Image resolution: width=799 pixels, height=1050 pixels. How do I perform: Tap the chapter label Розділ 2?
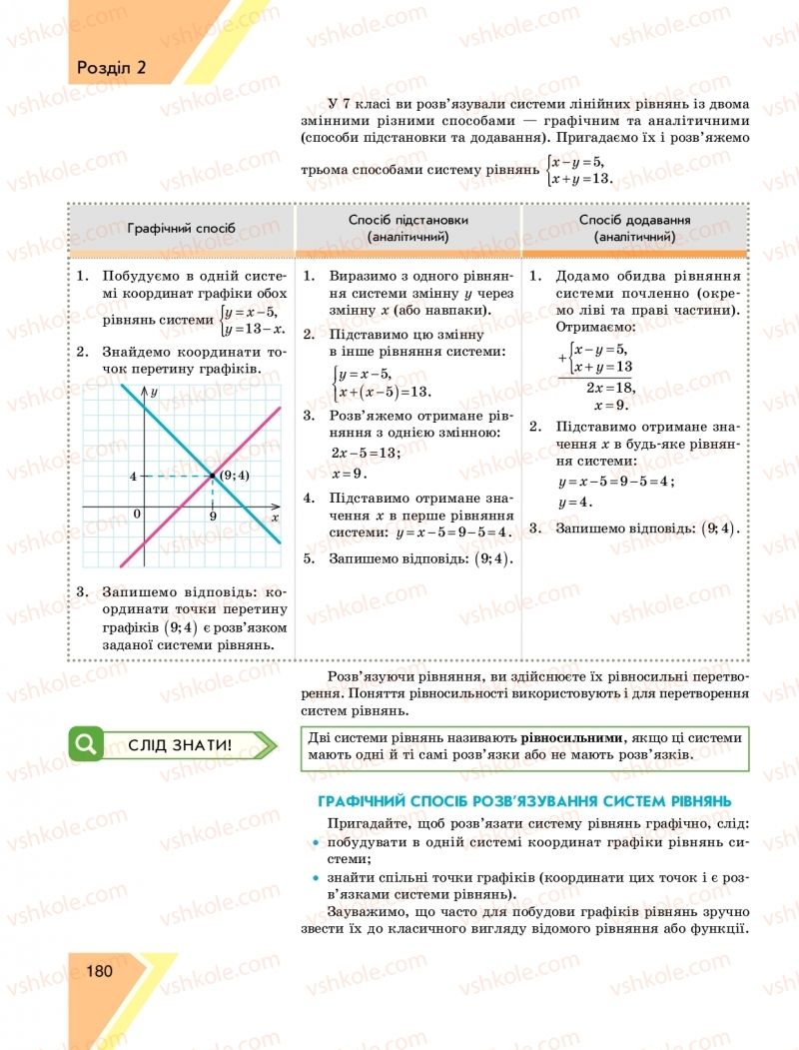pyautogui.click(x=111, y=68)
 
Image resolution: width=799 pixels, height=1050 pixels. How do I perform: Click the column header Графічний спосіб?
pyautogui.click(x=182, y=228)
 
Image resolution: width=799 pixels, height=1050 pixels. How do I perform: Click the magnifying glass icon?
pyautogui.click(x=87, y=744)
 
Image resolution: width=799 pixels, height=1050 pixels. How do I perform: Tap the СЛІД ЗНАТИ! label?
pyautogui.click(x=181, y=745)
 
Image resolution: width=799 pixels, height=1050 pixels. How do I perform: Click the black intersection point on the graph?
pyautogui.click(x=213, y=476)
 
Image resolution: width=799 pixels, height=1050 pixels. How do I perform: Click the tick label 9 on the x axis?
pyautogui.click(x=213, y=517)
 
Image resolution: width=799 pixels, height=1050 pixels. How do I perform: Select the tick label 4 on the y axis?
pyautogui.click(x=133, y=476)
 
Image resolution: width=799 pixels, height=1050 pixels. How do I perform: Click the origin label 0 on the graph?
pyautogui.click(x=137, y=514)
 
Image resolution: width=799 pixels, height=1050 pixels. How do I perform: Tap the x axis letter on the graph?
pyautogui.click(x=274, y=518)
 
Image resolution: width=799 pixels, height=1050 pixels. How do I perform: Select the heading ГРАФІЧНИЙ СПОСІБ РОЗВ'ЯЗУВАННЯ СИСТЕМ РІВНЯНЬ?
pyautogui.click(x=524, y=801)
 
